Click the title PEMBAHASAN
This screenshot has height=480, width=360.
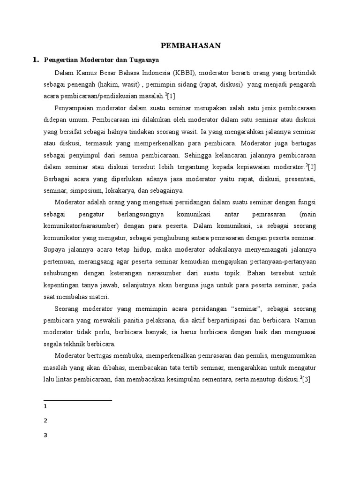[x=190, y=45]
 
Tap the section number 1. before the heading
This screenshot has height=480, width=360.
[x=35, y=60]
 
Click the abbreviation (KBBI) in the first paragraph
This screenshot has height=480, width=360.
[x=187, y=73]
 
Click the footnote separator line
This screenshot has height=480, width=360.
[x=77, y=401]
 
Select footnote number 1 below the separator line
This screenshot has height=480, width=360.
[x=45, y=407]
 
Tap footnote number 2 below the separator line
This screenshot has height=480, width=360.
[x=45, y=421]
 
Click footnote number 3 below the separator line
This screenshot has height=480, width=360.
[x=45, y=435]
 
